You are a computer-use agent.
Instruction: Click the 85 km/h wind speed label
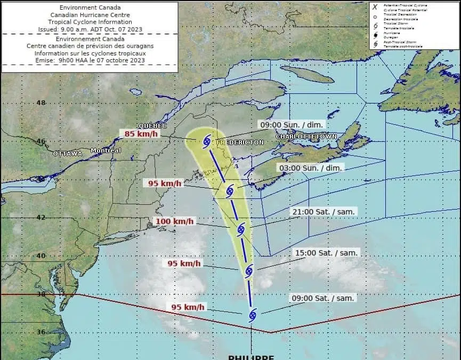(141, 134)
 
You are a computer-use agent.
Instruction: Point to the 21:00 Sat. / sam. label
(323, 212)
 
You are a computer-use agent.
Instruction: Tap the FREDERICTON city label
(240, 143)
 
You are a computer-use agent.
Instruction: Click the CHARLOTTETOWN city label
(306, 137)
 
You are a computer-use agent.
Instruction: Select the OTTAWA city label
(68, 154)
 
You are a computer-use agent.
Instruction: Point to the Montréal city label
(106, 150)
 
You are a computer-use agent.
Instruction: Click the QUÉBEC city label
(152, 126)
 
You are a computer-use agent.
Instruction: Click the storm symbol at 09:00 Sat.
(253, 315)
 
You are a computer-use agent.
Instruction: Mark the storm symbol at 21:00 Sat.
(240, 230)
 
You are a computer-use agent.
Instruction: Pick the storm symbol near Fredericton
(207, 141)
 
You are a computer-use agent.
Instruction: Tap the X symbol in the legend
(375, 6)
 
